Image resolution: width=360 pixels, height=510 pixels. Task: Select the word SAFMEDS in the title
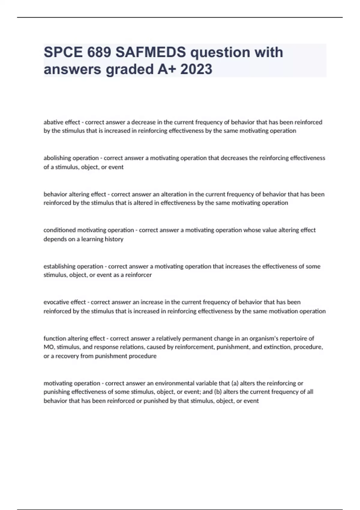(x=151, y=52)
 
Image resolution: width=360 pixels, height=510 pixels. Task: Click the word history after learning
(x=114, y=239)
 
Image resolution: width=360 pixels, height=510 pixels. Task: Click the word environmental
(x=174, y=383)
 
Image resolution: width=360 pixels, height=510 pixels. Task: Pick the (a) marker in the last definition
(x=235, y=383)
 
